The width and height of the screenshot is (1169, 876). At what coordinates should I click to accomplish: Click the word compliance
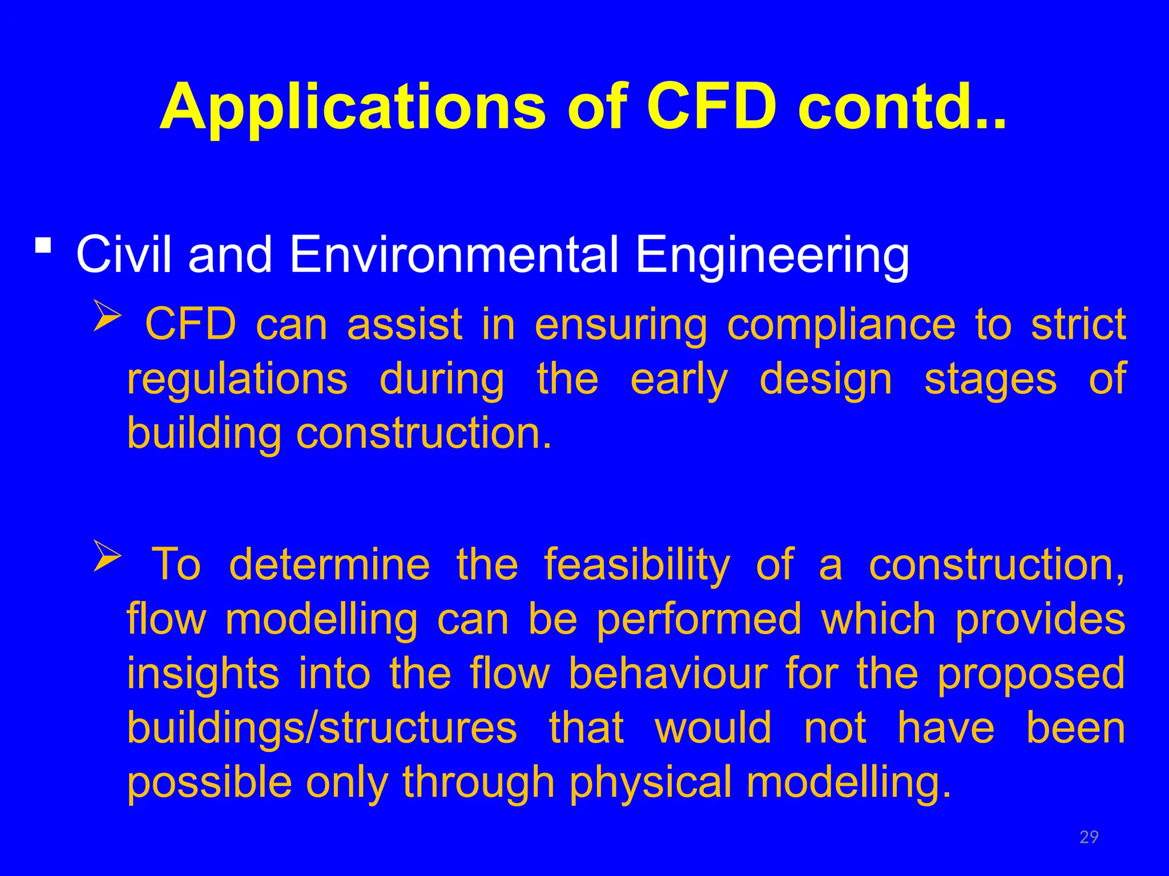(x=841, y=325)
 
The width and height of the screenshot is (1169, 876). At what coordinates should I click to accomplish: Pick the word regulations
(x=237, y=380)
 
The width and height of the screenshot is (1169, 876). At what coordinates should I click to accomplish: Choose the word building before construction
(x=204, y=434)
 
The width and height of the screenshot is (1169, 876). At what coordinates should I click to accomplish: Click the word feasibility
(x=636, y=565)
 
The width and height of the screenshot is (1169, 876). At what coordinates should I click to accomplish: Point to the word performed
(x=699, y=620)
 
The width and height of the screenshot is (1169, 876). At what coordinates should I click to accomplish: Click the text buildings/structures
(x=321, y=728)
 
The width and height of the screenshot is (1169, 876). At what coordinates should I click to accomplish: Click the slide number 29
(x=1089, y=837)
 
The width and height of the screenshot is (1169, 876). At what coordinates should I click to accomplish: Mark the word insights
(x=203, y=674)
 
